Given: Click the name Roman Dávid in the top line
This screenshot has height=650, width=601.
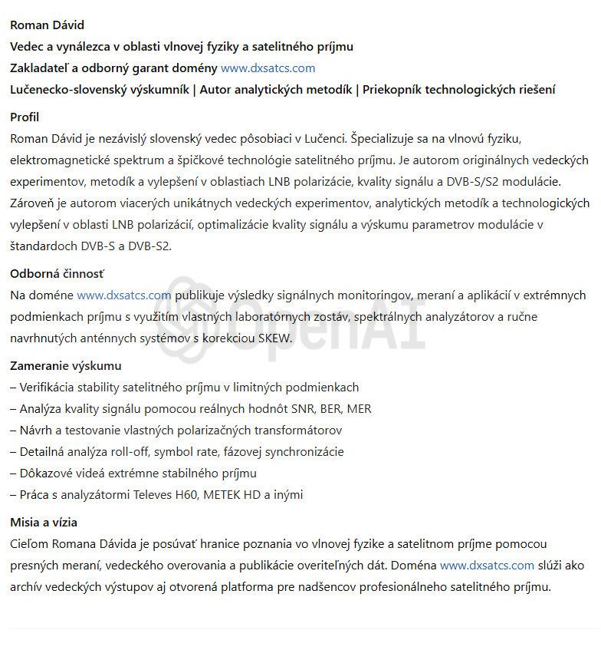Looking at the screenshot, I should (x=48, y=25).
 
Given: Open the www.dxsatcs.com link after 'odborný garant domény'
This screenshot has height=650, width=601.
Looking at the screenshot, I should (x=268, y=68).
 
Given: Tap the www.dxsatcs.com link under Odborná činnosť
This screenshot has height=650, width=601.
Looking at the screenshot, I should (x=123, y=295).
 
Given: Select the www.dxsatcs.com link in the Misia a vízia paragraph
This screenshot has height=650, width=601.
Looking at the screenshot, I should (x=487, y=566).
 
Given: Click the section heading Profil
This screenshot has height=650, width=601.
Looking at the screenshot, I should (x=25, y=117).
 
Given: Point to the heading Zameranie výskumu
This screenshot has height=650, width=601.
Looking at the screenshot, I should (x=65, y=366).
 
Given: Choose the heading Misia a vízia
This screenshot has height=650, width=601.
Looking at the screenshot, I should (x=44, y=523).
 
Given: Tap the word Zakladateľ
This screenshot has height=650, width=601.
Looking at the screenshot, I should (x=40, y=68).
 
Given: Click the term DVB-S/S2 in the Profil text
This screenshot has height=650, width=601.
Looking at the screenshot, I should (x=475, y=182).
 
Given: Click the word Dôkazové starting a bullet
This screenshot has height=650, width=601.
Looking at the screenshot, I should (x=48, y=473).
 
